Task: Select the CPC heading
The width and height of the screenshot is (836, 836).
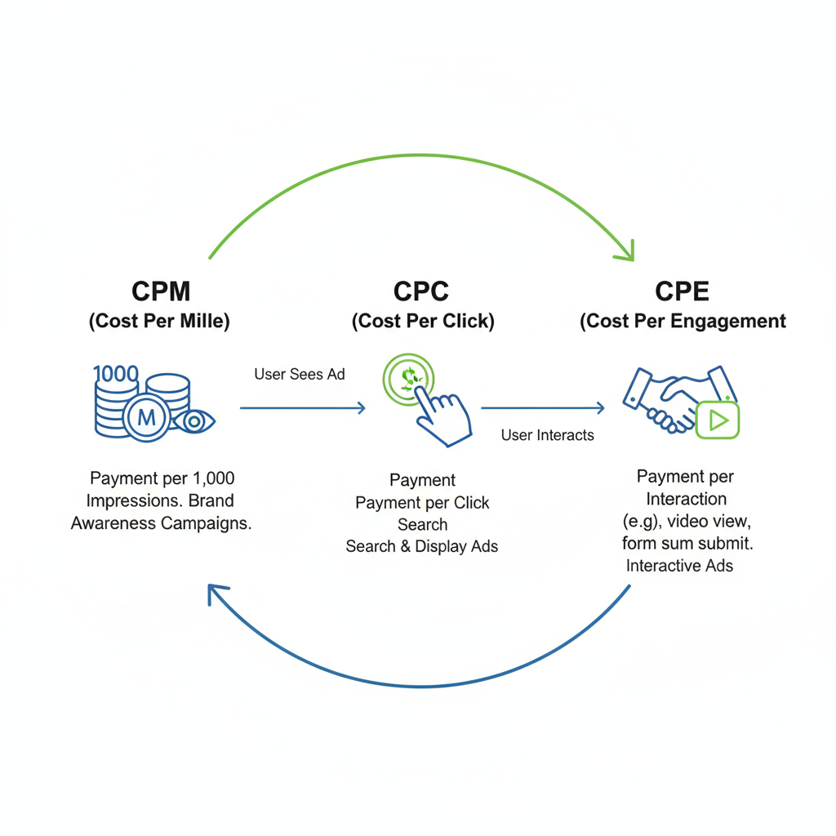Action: coord(422,291)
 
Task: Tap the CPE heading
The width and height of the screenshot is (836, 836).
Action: coord(683,291)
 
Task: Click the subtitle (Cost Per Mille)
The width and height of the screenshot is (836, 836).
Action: coord(159,322)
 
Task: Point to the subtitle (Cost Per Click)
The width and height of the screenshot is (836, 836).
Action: coord(423,322)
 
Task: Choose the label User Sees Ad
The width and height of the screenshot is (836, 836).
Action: coord(300,375)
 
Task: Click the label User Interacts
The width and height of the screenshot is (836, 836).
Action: coord(548,435)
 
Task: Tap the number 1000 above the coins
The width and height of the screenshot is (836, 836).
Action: coord(116,375)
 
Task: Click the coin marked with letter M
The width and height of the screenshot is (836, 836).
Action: coord(147,418)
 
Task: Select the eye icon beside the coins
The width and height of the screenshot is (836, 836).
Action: coord(195,421)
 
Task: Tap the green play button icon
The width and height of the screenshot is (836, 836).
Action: coord(718,420)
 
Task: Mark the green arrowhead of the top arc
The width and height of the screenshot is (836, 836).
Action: coord(625,252)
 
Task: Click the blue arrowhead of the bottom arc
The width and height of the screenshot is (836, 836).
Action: coord(217,594)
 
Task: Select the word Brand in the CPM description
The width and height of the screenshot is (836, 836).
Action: coord(211,500)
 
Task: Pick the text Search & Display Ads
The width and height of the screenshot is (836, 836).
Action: coord(421,546)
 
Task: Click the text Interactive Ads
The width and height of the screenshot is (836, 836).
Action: coord(679,566)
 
